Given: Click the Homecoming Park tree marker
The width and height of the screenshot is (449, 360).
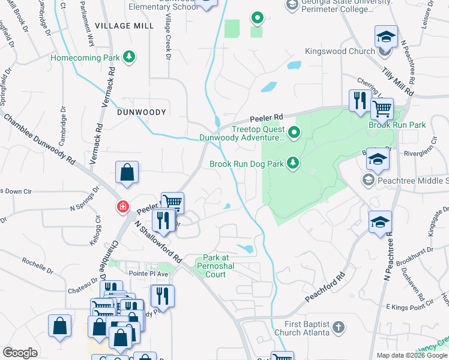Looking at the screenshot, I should pos(128,58).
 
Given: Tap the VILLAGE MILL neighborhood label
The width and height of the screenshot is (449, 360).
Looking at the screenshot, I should pos(124,26).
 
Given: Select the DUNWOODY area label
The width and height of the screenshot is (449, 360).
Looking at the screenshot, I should pos(141,112).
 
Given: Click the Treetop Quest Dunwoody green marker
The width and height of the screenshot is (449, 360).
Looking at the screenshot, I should pos(294,132).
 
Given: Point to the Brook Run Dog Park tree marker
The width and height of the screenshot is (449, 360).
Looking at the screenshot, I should pos(293,163).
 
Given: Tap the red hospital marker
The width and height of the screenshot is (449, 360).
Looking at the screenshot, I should pos(122,206).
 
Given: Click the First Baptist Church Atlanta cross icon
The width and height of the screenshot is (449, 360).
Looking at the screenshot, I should pos(339,328).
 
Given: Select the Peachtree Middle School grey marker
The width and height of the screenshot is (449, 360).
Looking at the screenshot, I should pos(368,180).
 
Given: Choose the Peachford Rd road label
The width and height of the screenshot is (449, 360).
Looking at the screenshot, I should pos(326,289).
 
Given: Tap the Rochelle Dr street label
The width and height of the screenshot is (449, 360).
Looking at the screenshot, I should pos(38,262).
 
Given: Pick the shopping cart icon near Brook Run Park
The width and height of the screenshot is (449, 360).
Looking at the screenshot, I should pos(382,109).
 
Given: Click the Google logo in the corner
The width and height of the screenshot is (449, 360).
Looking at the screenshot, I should pos(20,353).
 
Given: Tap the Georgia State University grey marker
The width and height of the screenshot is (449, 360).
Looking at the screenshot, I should pos(292,5).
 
